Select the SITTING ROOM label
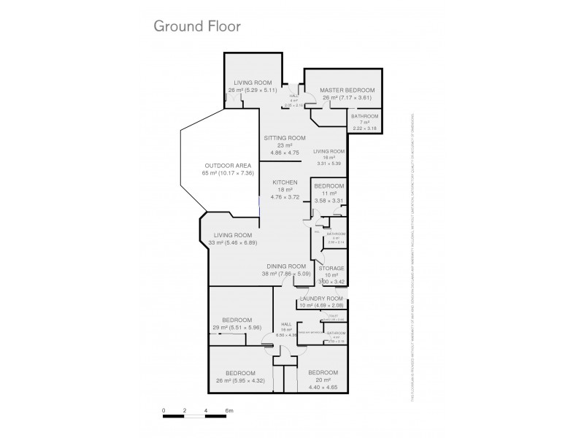click(284, 138)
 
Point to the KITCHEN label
click(284, 182)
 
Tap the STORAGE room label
click(331, 269)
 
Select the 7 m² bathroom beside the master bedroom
click(364, 117)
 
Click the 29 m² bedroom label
click(237, 320)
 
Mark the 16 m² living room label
click(327, 152)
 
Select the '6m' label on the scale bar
click(228, 412)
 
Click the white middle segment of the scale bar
click(196, 418)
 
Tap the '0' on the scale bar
click(164, 412)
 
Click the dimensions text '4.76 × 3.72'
click(284, 196)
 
